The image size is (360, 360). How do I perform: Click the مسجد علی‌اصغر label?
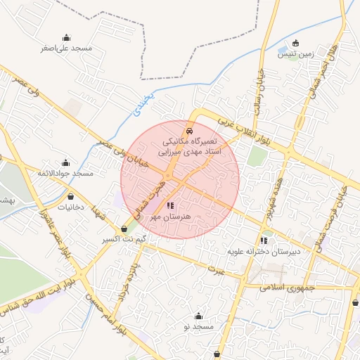point(66,49)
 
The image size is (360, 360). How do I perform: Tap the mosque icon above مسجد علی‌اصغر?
point(66,38)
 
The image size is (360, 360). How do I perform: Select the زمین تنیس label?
point(296,53)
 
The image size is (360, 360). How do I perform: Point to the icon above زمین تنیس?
point(295,43)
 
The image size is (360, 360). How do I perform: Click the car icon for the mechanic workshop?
point(188,131)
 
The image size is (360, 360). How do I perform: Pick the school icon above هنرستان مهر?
point(169,206)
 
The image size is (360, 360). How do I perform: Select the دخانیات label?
point(70,207)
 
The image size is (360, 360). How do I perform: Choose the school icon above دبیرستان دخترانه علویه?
point(264,240)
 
